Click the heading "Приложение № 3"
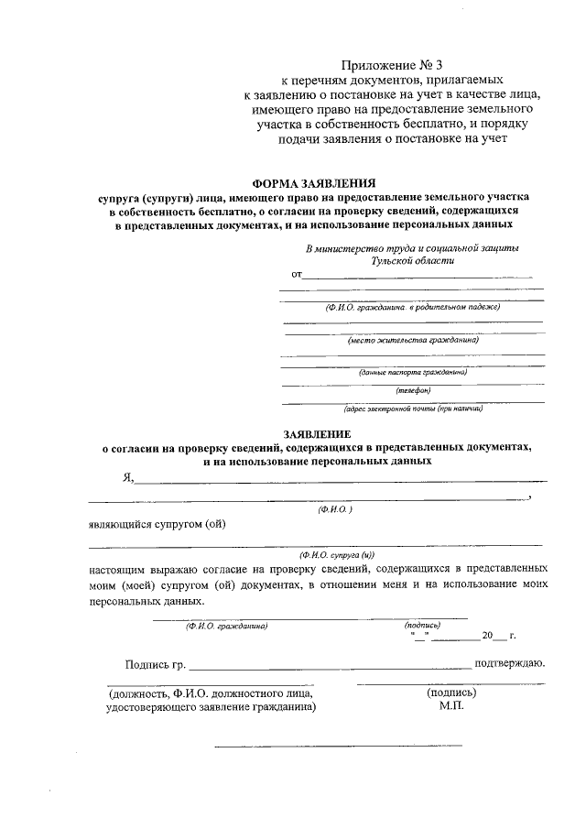click(x=391, y=64)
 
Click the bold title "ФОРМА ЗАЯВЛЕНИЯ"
click(x=314, y=183)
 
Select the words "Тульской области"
click(x=411, y=260)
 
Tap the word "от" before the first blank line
click(x=297, y=274)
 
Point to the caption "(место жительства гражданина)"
click(x=413, y=340)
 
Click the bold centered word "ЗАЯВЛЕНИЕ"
click(x=316, y=432)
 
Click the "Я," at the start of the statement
click(x=128, y=476)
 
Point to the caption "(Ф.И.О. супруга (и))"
click(x=336, y=555)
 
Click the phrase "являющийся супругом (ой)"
click(x=157, y=524)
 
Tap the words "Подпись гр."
click(x=155, y=664)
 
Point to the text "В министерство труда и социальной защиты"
click(x=412, y=248)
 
